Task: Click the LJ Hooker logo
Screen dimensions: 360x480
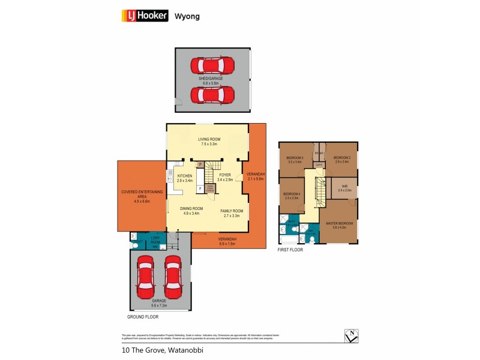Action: tap(145, 16)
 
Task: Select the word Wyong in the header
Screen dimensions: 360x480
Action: tap(187, 16)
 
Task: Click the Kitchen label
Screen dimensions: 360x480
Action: tap(184, 176)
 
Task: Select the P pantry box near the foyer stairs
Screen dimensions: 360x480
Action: tap(200, 164)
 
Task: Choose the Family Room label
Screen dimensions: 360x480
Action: tap(231, 211)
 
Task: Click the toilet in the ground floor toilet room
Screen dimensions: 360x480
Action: tap(134, 244)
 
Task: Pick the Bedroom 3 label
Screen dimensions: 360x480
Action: tap(295, 158)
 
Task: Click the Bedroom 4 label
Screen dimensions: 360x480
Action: tap(291, 194)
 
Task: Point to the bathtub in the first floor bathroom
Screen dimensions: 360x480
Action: tap(289, 240)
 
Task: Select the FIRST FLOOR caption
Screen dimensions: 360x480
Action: tap(290, 250)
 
